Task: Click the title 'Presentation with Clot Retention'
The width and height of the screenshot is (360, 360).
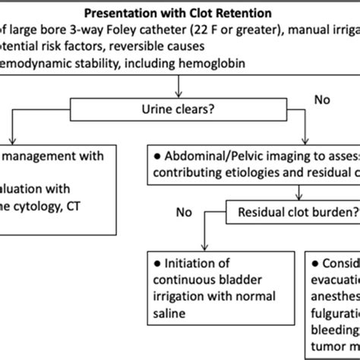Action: pyautogui.click(x=179, y=13)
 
